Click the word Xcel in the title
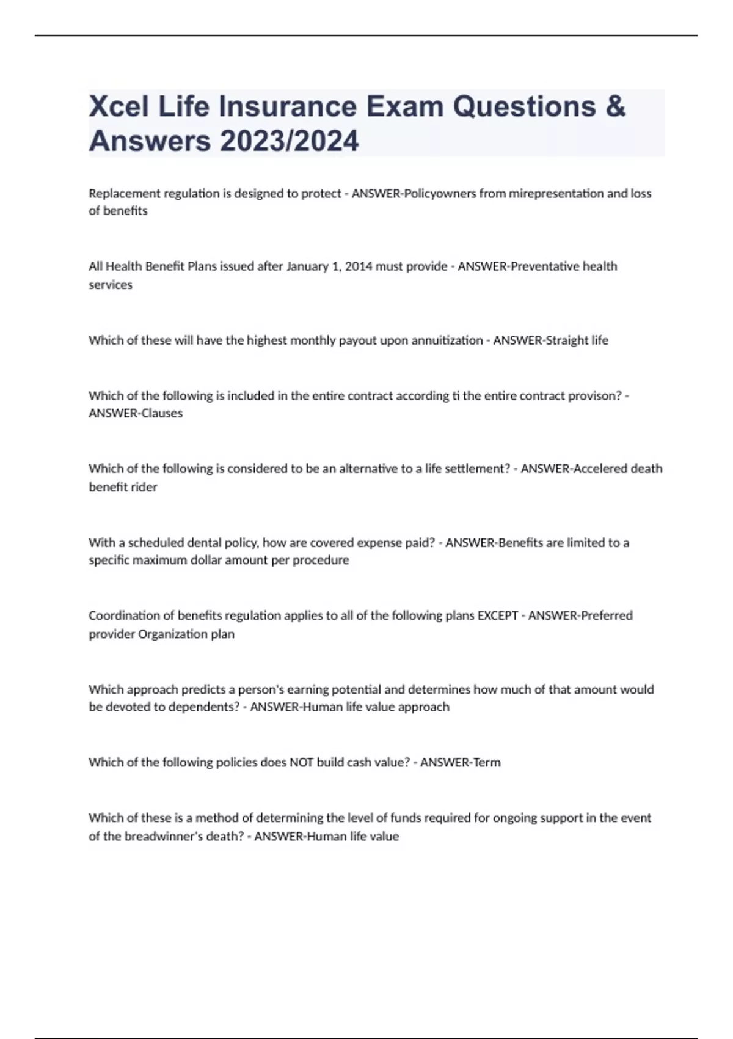(119, 106)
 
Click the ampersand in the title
(616, 106)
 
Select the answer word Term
(487, 763)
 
